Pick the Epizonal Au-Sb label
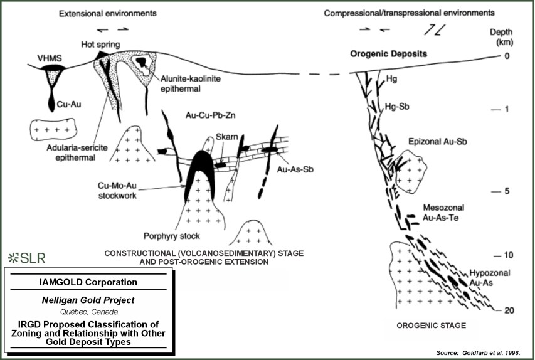pyautogui.click(x=433, y=141)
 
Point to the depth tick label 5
pyautogui.click(x=508, y=192)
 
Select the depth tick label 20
pyautogui.click(x=509, y=310)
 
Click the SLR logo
pyautogui.click(x=26, y=258)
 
